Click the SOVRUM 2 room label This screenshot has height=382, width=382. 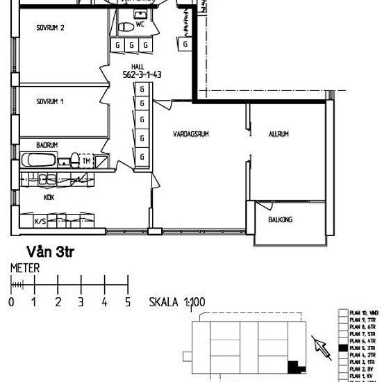(51, 28)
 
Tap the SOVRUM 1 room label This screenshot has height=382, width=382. (50, 101)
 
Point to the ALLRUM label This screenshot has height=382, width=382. (279, 134)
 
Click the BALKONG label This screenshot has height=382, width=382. (281, 219)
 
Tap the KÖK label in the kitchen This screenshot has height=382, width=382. (49, 198)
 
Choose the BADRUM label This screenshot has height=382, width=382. (47, 145)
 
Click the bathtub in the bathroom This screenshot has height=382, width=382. (39, 161)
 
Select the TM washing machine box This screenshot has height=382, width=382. (86, 161)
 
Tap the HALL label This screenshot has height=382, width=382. (138, 66)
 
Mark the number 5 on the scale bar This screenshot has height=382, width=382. (127, 302)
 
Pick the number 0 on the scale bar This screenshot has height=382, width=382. (11, 302)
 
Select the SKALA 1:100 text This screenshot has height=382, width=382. (178, 303)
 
